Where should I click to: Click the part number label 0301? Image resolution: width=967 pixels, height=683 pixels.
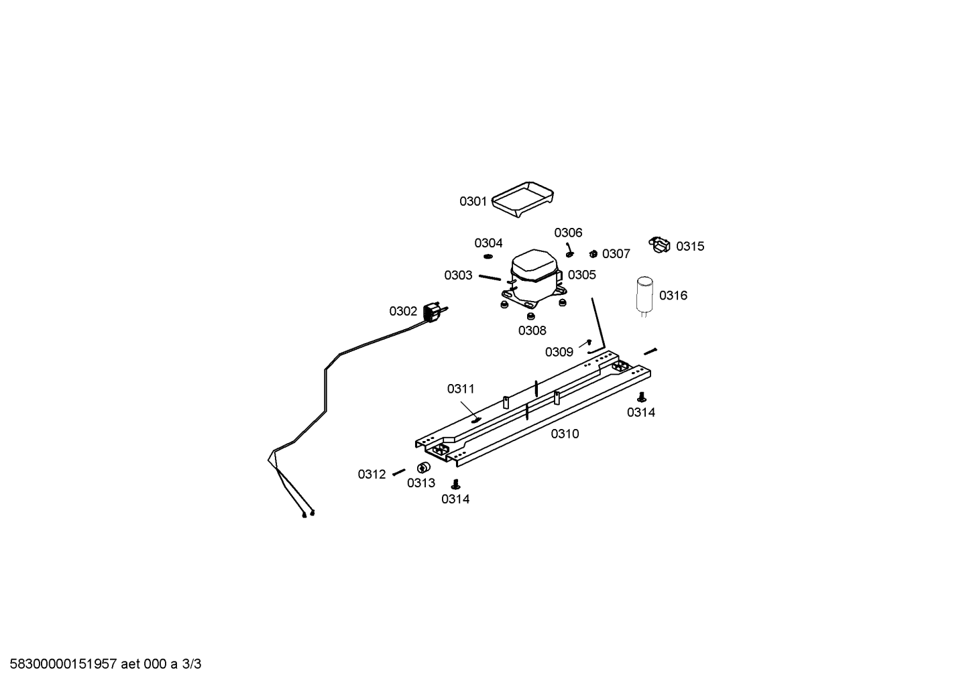coord(473,202)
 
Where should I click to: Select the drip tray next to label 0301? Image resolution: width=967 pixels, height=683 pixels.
coord(523,199)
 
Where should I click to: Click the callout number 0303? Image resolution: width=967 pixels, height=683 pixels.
coord(458,275)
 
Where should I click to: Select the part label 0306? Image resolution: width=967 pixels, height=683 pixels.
coord(568,233)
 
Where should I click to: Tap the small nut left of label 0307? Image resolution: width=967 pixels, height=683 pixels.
coord(593,254)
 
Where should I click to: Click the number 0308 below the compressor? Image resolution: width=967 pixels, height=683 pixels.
coord(532,330)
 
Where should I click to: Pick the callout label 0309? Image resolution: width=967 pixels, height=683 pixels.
coord(559,352)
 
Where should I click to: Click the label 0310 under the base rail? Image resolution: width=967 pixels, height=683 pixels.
coord(565,434)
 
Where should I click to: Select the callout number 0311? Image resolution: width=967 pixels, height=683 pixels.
coord(461,389)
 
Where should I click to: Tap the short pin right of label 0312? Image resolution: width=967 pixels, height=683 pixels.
coord(398,473)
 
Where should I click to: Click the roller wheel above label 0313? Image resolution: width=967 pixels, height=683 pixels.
coord(424,468)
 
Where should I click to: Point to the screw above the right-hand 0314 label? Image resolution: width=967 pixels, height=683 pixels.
coord(642,397)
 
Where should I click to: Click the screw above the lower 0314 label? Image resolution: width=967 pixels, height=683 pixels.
coord(455,484)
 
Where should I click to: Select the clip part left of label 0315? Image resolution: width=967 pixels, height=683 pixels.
coord(660,245)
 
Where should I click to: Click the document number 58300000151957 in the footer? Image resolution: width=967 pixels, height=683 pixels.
coord(64,664)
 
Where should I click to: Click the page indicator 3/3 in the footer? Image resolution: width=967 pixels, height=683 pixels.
coord(191,664)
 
